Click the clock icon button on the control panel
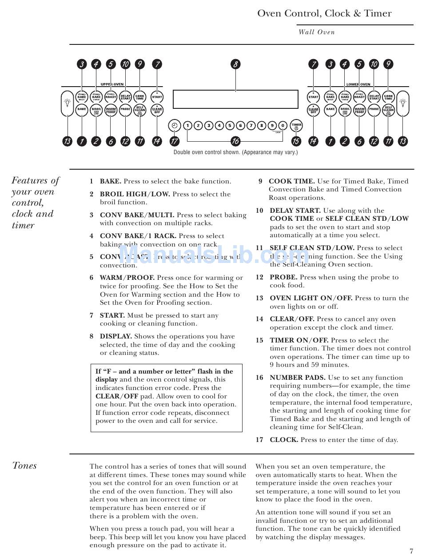click(175, 126)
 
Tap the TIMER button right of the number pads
click(296, 126)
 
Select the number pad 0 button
click(283, 126)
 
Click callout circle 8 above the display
click(235, 64)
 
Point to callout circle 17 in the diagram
click(175, 142)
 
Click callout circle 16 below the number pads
click(235, 142)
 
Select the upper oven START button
click(157, 96)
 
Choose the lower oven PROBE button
click(374, 109)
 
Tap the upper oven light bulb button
click(67, 103)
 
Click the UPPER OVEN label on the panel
click(112, 84)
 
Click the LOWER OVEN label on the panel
click(358, 84)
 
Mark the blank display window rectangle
click(235, 99)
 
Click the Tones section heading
click(24, 466)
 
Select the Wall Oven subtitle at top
click(316, 32)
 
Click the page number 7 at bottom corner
click(411, 551)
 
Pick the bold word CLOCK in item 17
click(284, 440)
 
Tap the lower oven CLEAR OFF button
click(314, 110)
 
